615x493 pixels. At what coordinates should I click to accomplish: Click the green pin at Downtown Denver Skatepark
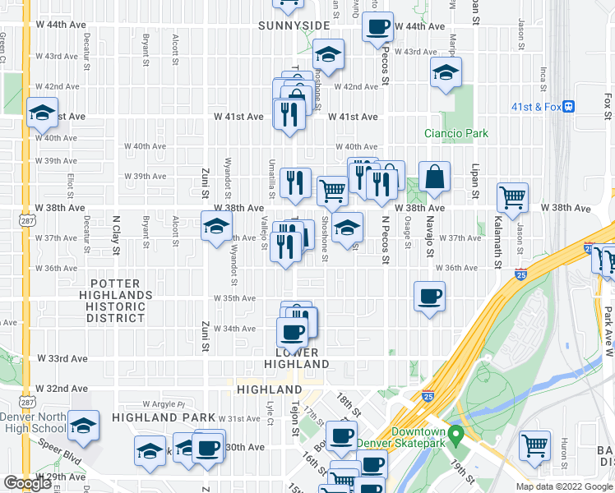click(456, 433)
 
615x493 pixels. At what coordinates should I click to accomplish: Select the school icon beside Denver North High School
click(83, 426)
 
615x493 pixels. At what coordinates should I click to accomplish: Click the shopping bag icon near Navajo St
click(434, 177)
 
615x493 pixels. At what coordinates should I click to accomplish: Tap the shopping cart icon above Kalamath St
click(512, 197)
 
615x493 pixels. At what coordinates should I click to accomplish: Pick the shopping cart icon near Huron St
click(535, 445)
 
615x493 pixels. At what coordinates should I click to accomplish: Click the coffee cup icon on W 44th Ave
click(377, 25)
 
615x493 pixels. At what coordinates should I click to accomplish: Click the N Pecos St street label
click(383, 237)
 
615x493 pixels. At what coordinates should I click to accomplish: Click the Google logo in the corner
click(27, 484)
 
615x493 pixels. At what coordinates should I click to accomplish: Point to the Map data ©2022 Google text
click(564, 486)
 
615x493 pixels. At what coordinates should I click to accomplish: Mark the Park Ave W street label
click(608, 329)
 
